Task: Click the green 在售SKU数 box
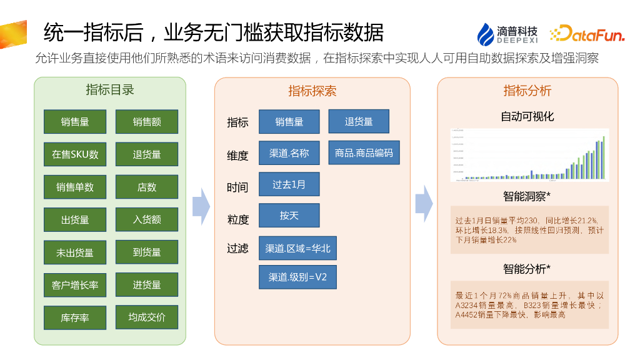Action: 75,154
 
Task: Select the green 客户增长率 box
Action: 75,285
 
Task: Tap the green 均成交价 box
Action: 147,317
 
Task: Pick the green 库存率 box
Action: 75,317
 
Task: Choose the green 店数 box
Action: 147,187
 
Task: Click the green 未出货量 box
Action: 75,252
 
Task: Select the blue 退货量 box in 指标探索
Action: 359,121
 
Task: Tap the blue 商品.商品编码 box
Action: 364,152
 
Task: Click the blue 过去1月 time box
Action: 289,184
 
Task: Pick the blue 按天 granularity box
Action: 289,216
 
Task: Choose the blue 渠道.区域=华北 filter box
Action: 297,248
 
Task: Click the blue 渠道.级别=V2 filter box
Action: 297,277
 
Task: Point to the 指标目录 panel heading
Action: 110,89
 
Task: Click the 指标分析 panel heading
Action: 527,90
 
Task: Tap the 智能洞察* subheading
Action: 527,196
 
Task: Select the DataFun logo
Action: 587,34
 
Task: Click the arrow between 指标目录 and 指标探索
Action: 201,206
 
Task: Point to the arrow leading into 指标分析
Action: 424,204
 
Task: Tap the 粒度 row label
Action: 238,219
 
